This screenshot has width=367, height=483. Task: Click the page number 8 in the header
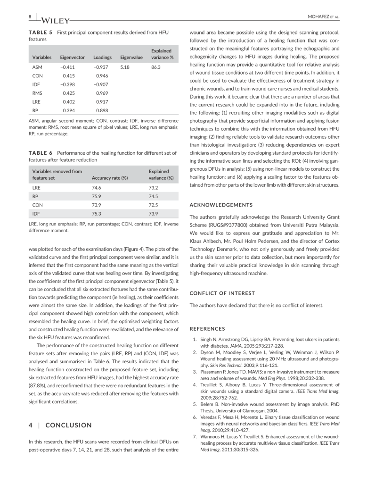click(30, 17)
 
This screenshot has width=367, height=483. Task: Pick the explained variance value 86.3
click(156, 67)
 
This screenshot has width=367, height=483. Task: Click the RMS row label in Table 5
click(37, 93)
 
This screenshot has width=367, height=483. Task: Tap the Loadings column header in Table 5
click(102, 57)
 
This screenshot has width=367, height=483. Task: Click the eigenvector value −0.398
click(69, 84)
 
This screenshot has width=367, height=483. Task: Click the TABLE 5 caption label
click(41, 32)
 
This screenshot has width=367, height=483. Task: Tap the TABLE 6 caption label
click(41, 153)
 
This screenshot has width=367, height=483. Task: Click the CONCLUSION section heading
click(69, 425)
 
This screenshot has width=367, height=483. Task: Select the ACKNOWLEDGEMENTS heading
click(221, 205)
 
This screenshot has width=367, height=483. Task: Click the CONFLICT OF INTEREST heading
click(222, 293)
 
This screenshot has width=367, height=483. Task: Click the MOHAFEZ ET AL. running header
click(323, 17)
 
